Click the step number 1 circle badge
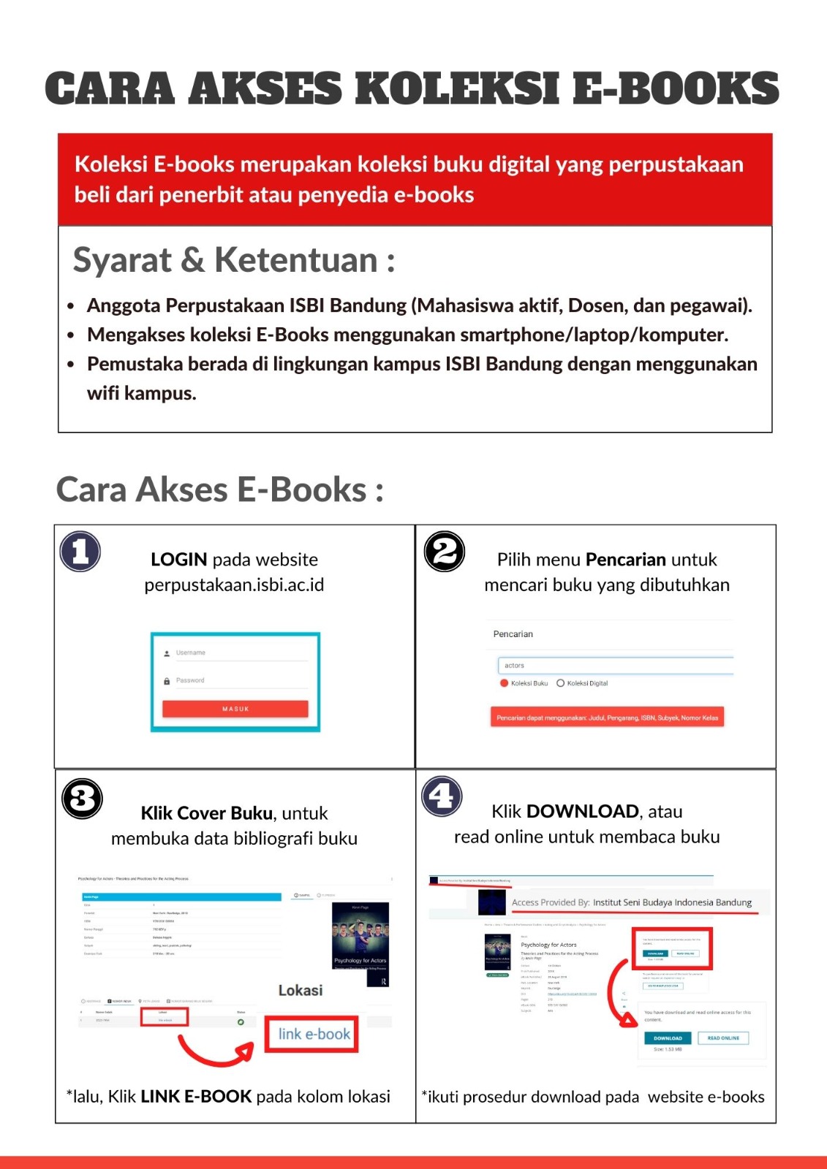pyautogui.click(x=80, y=552)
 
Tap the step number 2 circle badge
pyautogui.click(x=445, y=552)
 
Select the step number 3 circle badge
pyautogui.click(x=82, y=799)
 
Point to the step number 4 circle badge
pyautogui.click(x=442, y=796)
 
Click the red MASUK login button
pyautogui.click(x=235, y=709)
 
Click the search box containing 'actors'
pyautogui.click(x=615, y=666)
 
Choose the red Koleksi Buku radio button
pyautogui.click(x=504, y=683)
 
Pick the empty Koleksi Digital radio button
pyautogui.click(x=561, y=683)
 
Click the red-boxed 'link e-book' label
pyautogui.click(x=313, y=1034)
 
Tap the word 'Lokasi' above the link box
pyautogui.click(x=300, y=991)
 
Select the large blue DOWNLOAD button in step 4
pyautogui.click(x=667, y=1038)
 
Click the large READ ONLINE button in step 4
pyautogui.click(x=723, y=1038)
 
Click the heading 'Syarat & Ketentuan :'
pyautogui.click(x=234, y=260)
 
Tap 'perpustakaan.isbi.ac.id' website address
pyautogui.click(x=234, y=585)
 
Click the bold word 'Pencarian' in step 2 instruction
pyautogui.click(x=625, y=560)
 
